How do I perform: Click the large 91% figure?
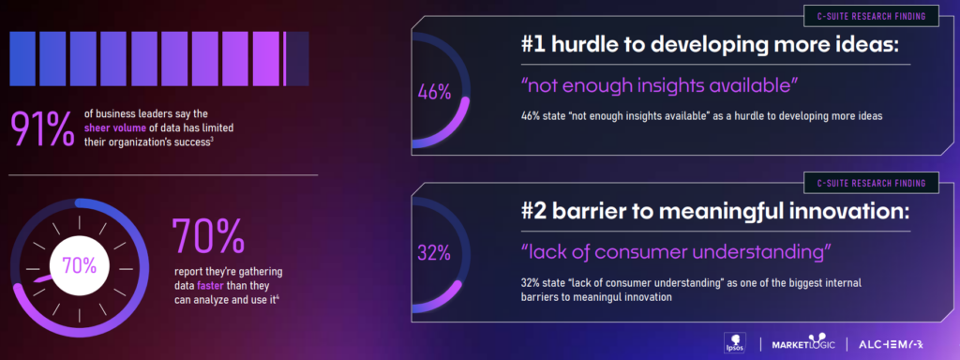(x=42, y=128)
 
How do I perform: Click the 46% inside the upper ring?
(x=434, y=92)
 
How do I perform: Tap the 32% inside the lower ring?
(x=434, y=252)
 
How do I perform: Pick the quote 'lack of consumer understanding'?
(x=674, y=252)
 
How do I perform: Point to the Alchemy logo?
(x=896, y=344)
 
